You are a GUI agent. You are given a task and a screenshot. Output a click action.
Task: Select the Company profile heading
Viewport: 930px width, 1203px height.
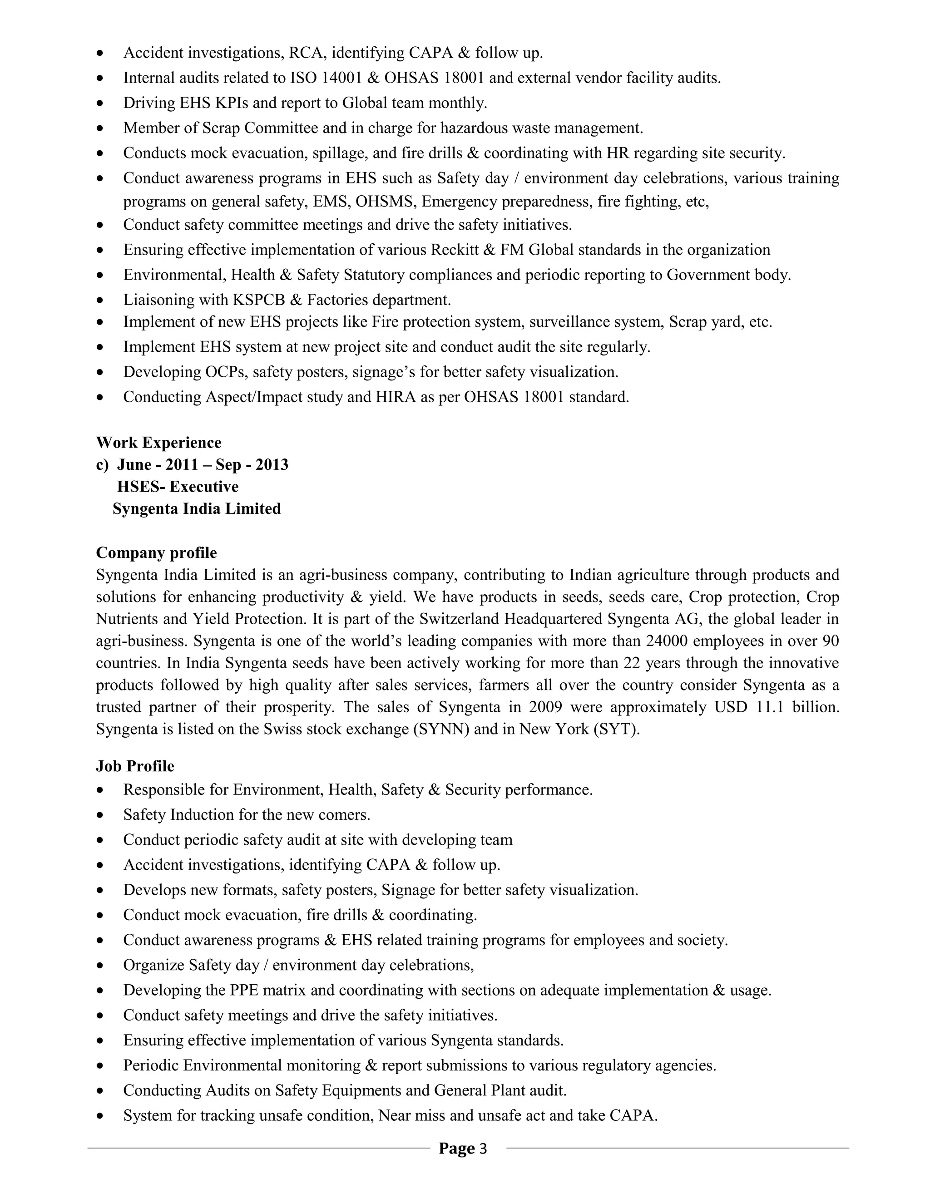pos(157,552)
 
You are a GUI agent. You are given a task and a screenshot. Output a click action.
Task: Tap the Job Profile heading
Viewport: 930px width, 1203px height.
pos(135,766)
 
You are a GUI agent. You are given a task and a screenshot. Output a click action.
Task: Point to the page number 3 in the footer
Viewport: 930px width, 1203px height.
pos(483,1148)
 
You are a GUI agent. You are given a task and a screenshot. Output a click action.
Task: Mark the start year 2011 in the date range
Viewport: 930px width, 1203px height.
pos(182,464)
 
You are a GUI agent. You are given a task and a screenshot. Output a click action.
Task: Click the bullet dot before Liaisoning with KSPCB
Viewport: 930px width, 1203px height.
pos(100,301)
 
